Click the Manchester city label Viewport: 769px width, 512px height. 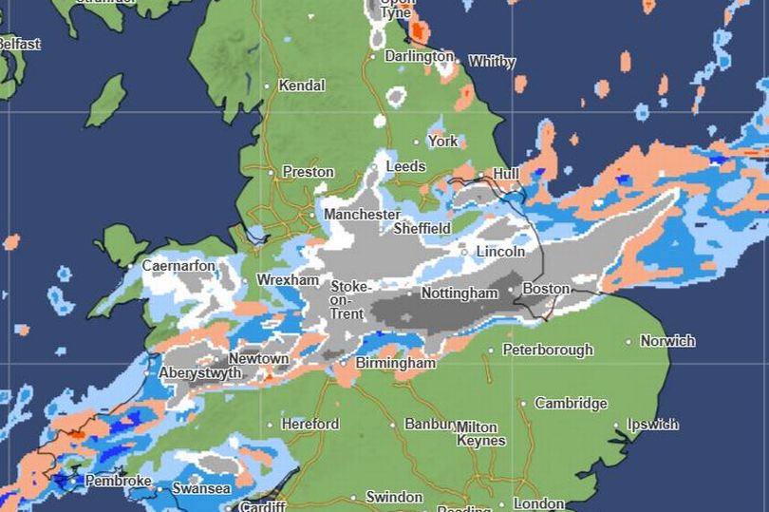tap(362, 215)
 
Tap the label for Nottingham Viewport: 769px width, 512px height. tap(459, 294)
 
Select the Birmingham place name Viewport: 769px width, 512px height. tap(395, 364)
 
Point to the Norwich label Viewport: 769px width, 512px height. tap(667, 341)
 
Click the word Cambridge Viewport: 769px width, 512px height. tap(571, 404)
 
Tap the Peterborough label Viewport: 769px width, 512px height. tap(548, 350)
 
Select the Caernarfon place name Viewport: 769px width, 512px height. tap(178, 266)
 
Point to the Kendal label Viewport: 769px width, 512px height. tap(302, 85)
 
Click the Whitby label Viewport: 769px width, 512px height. tap(492, 62)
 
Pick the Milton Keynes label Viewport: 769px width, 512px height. tap(480, 434)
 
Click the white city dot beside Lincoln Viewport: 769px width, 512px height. tap(464, 253)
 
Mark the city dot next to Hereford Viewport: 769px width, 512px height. tap(271, 425)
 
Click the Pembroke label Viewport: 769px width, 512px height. tap(118, 482)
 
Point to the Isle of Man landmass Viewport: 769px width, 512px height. tap(105, 101)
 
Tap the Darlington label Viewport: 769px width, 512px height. tap(419, 57)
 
